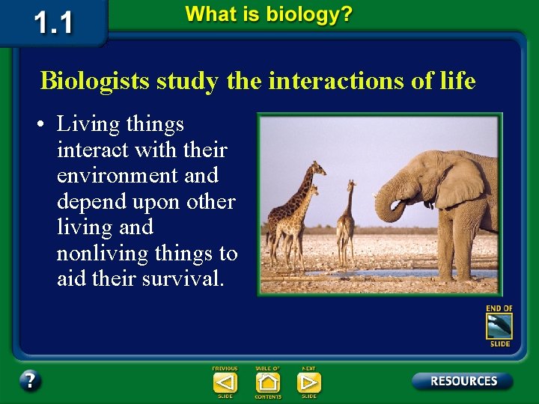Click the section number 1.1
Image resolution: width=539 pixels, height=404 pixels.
[x=55, y=22]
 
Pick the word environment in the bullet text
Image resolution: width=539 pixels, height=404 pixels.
[x=137, y=176]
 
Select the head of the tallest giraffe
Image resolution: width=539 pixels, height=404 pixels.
[x=319, y=166]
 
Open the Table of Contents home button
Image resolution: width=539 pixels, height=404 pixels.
[x=267, y=382]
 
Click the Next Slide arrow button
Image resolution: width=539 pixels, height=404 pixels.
[x=308, y=382]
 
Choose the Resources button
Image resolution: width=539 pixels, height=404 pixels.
[x=462, y=381]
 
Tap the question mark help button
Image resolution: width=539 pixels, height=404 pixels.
[x=30, y=381]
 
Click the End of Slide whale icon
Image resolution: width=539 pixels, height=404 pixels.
[x=499, y=326]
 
